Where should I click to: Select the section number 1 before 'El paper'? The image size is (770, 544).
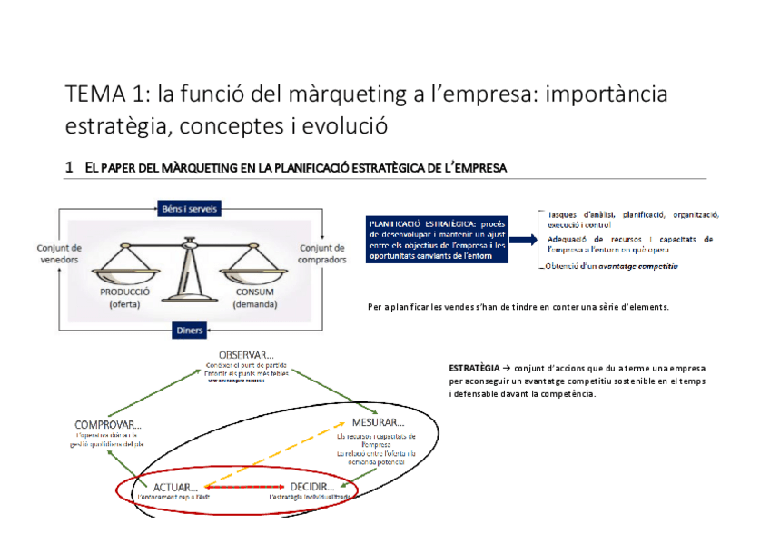(69, 168)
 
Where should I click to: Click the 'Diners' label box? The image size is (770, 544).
(190, 330)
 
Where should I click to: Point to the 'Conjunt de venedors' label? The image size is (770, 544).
(60, 253)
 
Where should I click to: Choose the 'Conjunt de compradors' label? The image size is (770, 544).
(321, 253)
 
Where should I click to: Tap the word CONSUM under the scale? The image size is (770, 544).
(254, 292)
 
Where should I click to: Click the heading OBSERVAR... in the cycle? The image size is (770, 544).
(246, 352)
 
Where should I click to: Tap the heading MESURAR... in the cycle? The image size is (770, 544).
(372, 422)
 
